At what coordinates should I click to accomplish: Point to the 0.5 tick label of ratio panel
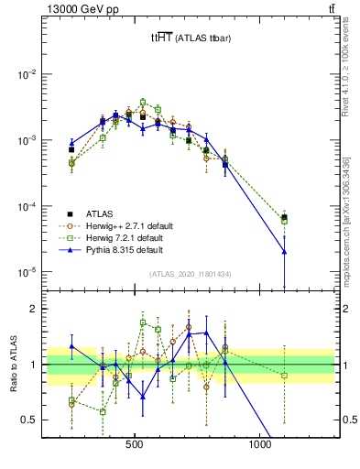click(30, 420)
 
